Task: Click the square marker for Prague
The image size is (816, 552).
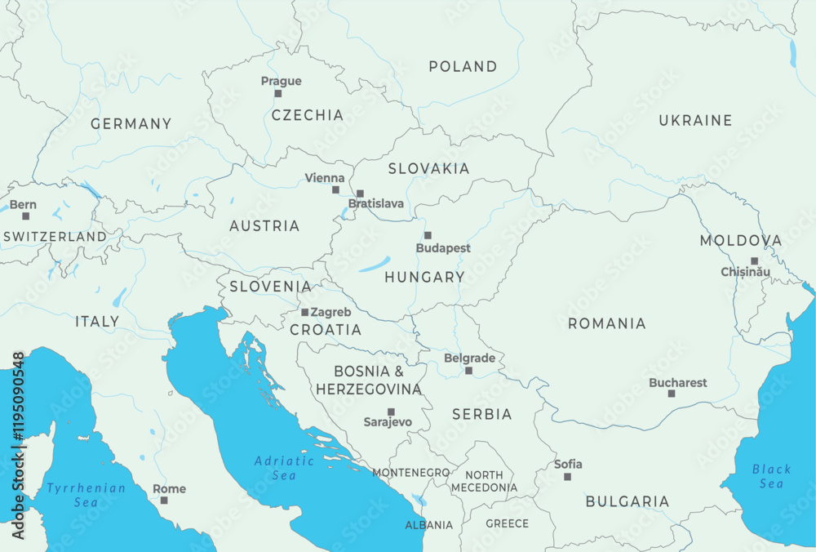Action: click(277, 94)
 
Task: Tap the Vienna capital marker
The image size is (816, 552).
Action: click(335, 189)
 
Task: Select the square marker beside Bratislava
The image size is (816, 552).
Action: click(360, 194)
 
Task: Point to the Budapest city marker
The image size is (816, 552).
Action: click(428, 235)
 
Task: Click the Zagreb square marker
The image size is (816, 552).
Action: click(305, 312)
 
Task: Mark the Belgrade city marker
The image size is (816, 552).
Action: click(468, 371)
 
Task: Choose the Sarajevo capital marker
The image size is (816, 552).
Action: click(391, 412)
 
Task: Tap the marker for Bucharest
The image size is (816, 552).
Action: click(672, 394)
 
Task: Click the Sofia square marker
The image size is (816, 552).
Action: click(567, 476)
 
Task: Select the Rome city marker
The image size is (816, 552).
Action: click(164, 501)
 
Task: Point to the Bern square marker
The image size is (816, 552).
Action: click(25, 216)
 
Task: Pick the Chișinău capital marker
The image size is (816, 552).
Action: click(755, 261)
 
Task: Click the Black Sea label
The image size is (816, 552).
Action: click(771, 476)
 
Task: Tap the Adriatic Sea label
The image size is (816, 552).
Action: click(284, 468)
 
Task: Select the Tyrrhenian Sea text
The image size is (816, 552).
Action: click(86, 495)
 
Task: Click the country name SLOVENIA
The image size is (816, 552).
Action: click(270, 287)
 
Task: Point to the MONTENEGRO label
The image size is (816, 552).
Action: click(410, 473)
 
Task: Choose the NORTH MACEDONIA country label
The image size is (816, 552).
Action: click(484, 481)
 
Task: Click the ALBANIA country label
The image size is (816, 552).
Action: click(429, 525)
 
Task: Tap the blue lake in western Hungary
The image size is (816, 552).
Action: click(375, 265)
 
